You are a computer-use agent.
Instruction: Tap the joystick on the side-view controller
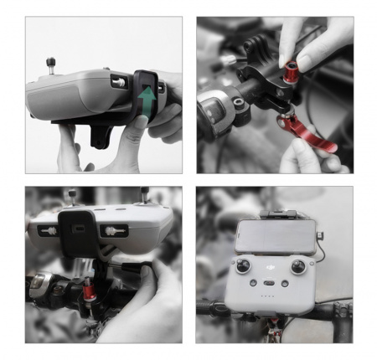pos(49,62)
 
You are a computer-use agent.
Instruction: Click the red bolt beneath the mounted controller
pos(89,292)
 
